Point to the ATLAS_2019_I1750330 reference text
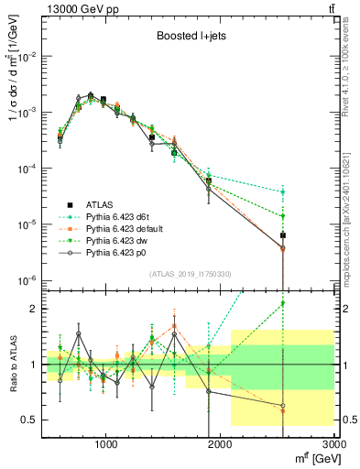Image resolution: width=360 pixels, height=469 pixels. (x=189, y=274)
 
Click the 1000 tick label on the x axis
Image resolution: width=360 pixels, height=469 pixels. (x=106, y=444)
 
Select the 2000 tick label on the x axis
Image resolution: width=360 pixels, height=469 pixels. (x=220, y=444)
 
